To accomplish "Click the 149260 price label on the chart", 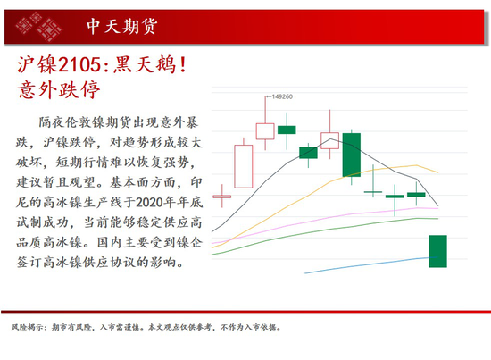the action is (282, 96).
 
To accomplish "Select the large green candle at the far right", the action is (437, 251).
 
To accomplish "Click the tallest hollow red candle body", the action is (244, 166).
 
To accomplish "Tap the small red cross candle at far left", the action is (222, 197).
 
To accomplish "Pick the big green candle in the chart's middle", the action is (352, 155).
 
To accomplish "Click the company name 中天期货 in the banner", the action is (121, 26).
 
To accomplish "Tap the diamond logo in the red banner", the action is (38, 26).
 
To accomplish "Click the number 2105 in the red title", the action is (79, 65).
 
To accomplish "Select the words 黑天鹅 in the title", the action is (145, 65).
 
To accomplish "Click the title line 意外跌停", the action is (59, 90).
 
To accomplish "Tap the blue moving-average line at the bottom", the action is (370, 264).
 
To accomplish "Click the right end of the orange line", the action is (437, 172).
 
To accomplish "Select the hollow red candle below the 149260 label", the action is (265, 131).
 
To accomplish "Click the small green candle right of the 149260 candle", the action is (287, 130).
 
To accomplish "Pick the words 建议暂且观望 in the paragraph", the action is (55, 182).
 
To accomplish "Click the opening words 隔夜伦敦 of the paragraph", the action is (65, 122).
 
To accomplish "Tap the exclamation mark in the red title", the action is (183, 65).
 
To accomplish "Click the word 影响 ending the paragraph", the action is (163, 263).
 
